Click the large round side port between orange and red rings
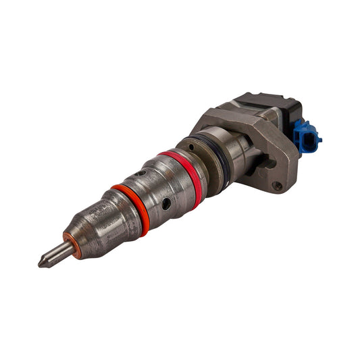click(x=165, y=203)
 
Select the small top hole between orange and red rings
click(x=139, y=174)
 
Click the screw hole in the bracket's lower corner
click(x=276, y=186)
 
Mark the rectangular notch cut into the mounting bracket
click(x=269, y=163)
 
